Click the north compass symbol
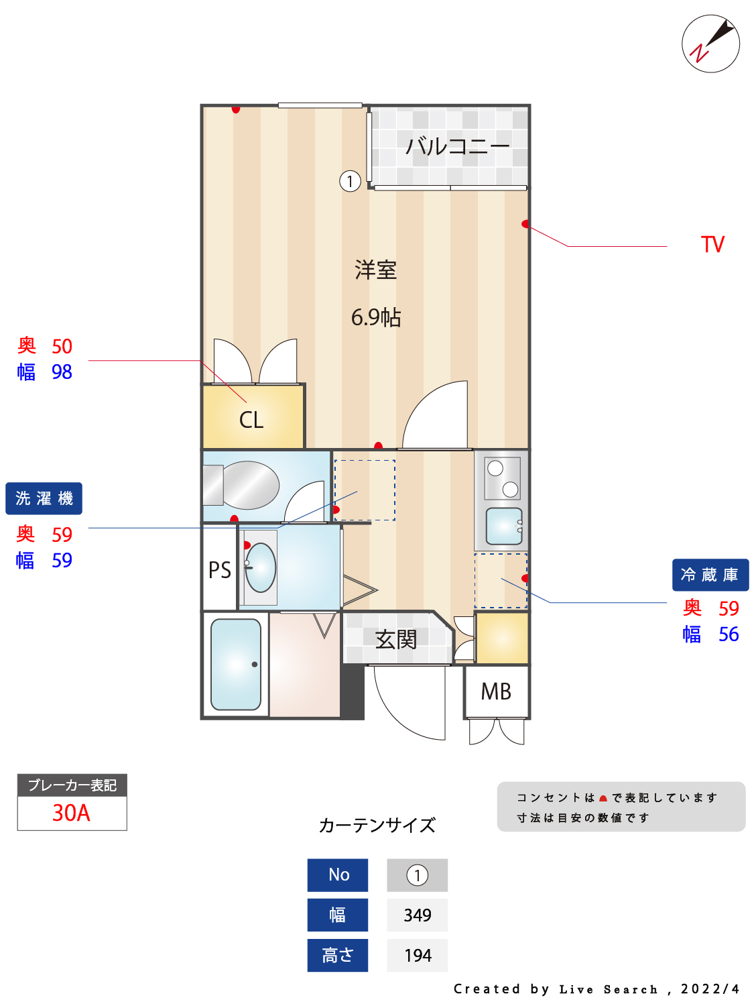710,44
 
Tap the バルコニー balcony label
457,146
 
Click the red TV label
712,244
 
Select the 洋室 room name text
375,270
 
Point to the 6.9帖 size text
375,317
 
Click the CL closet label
251,420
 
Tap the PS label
219,570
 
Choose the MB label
496,691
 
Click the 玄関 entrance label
395,639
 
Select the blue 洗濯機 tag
44,498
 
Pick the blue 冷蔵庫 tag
710,575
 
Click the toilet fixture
245,485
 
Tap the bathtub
236,664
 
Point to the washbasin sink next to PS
261,567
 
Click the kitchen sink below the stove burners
503,526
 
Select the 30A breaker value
71,813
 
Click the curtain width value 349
417,915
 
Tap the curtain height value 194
417,955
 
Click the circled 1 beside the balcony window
350,181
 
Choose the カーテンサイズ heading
377,825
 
